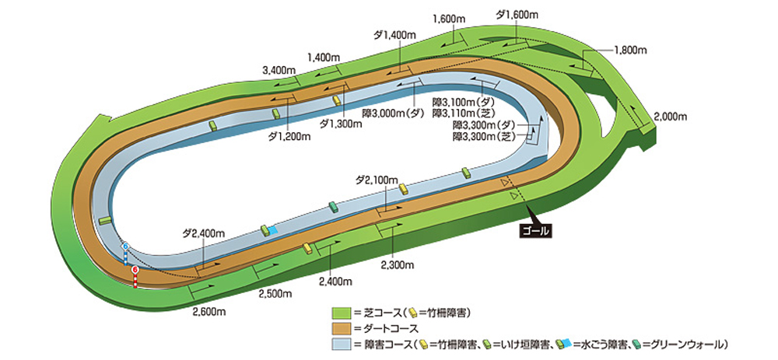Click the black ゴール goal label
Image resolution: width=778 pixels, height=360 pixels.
click(x=534, y=230)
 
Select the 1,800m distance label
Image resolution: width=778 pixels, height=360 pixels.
click(x=630, y=50)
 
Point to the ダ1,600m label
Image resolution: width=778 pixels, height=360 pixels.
click(x=517, y=14)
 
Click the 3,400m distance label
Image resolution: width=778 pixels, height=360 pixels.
click(x=279, y=70)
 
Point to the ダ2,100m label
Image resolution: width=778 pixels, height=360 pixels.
click(x=377, y=180)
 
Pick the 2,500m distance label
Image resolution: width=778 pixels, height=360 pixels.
click(x=275, y=293)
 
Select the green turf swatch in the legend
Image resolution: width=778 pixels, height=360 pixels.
click(x=342, y=313)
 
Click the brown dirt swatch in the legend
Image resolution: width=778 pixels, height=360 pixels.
click(x=342, y=328)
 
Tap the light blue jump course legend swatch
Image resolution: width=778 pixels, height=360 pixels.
click(x=342, y=343)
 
